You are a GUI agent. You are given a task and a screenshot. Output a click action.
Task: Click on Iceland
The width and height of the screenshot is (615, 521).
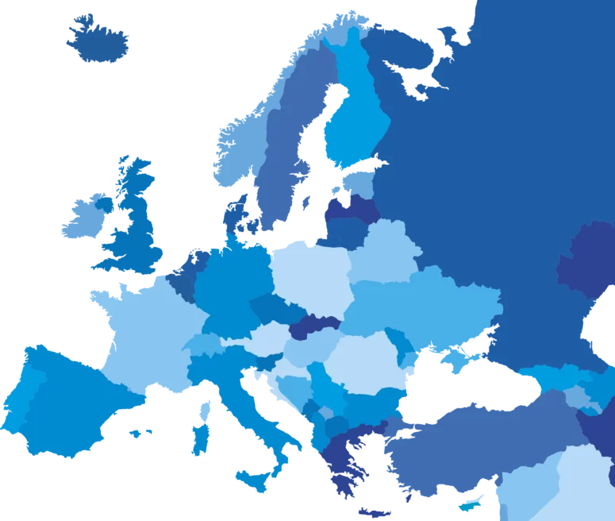(98, 41)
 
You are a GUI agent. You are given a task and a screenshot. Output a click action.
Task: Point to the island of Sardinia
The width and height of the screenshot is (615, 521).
(201, 438)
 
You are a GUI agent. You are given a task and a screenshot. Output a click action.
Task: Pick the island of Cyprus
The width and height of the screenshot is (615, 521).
(471, 503)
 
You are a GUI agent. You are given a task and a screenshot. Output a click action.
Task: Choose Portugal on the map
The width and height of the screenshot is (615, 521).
(16, 405)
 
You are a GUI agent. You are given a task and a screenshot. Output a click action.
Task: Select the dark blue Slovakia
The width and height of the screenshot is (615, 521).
(313, 326)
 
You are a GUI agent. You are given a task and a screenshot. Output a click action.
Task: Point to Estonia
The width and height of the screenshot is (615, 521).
(361, 183)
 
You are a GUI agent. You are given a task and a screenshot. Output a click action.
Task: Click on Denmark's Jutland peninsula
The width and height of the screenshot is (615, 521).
(236, 214)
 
